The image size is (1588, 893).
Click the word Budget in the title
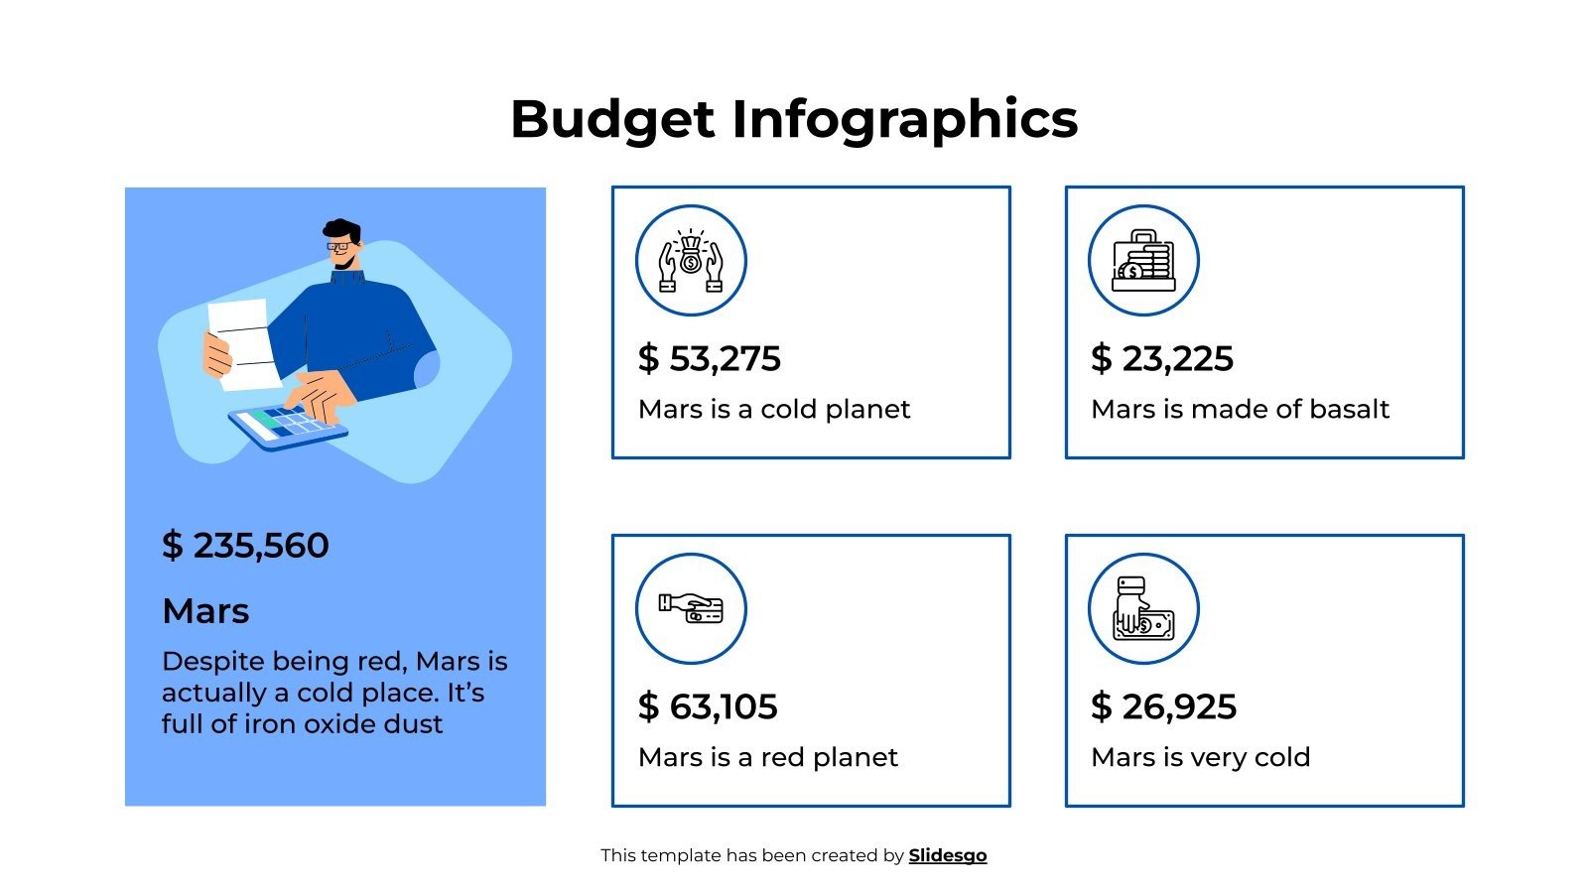coord(611,119)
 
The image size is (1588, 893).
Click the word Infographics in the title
coord(904,119)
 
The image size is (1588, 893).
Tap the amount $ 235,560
coord(245,546)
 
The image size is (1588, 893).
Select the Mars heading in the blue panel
coord(205,611)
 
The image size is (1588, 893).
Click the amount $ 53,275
coord(709,359)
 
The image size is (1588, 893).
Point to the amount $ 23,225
coord(1161,359)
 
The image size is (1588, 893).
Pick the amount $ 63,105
coord(708,707)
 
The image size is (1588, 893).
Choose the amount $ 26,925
coord(1163,707)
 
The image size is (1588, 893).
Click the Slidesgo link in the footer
coord(947,855)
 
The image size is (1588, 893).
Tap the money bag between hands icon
coord(691,261)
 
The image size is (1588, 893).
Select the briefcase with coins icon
coord(1143,261)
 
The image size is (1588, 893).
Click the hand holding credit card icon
coord(691,608)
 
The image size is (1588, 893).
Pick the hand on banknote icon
coord(1143,608)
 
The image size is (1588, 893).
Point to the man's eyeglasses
coord(339,245)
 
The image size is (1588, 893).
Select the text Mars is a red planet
coord(767,757)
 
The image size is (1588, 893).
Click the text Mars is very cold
coord(1200,757)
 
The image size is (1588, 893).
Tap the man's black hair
coord(341,229)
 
